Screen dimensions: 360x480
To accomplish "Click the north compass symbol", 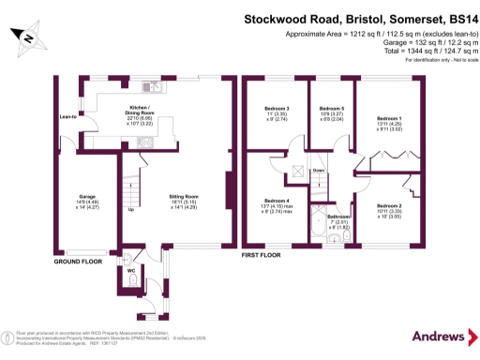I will click(28, 37).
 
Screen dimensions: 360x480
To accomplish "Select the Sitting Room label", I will click(172, 197).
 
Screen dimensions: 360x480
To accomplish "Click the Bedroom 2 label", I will click(389, 204).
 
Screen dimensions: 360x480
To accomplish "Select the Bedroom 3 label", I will click(276, 110).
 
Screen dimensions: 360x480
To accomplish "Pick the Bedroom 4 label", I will click(276, 201).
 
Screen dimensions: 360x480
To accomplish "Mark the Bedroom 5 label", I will click(333, 110).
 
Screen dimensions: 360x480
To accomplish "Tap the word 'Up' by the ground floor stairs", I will click(129, 209).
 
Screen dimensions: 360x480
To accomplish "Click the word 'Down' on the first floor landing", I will click(319, 170).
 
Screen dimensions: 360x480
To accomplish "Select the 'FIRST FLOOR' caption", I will click(262, 254).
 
